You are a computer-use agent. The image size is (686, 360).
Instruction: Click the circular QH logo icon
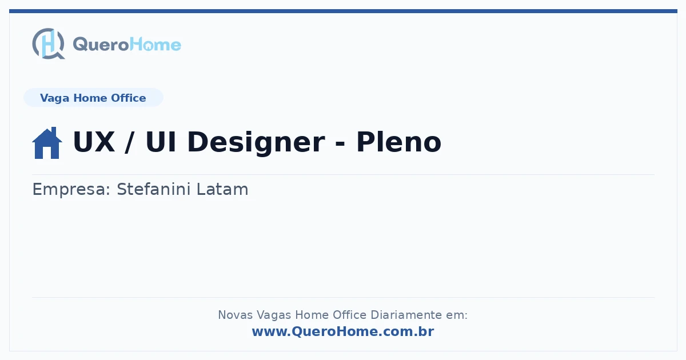pyautogui.click(x=49, y=43)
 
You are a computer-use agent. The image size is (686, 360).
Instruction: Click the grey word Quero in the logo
pyautogui.click(x=101, y=45)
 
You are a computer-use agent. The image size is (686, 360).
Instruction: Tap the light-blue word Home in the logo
pyautogui.click(x=155, y=44)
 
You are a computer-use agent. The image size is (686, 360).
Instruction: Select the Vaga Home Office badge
pyautogui.click(x=93, y=98)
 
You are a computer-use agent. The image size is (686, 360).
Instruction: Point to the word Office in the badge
pyautogui.click(x=128, y=98)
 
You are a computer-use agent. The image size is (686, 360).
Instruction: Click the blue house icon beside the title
pyautogui.click(x=47, y=143)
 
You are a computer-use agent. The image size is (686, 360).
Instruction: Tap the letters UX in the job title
pyautogui.click(x=94, y=142)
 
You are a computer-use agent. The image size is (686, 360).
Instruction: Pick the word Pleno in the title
pyautogui.click(x=398, y=142)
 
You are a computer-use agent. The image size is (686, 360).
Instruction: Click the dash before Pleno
pyautogui.click(x=340, y=143)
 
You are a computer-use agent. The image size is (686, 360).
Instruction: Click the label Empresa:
pyautogui.click(x=71, y=190)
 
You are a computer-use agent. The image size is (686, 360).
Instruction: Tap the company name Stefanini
pyautogui.click(x=154, y=189)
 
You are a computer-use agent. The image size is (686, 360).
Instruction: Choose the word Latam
pyautogui.click(x=222, y=189)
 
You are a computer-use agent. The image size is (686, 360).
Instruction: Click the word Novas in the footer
pyautogui.click(x=235, y=315)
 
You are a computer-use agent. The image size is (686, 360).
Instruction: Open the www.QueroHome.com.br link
pyautogui.click(x=343, y=331)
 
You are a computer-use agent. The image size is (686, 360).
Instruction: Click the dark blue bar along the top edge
pyautogui.click(x=343, y=11)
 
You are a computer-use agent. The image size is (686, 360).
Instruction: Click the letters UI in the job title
pyautogui.click(x=161, y=142)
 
